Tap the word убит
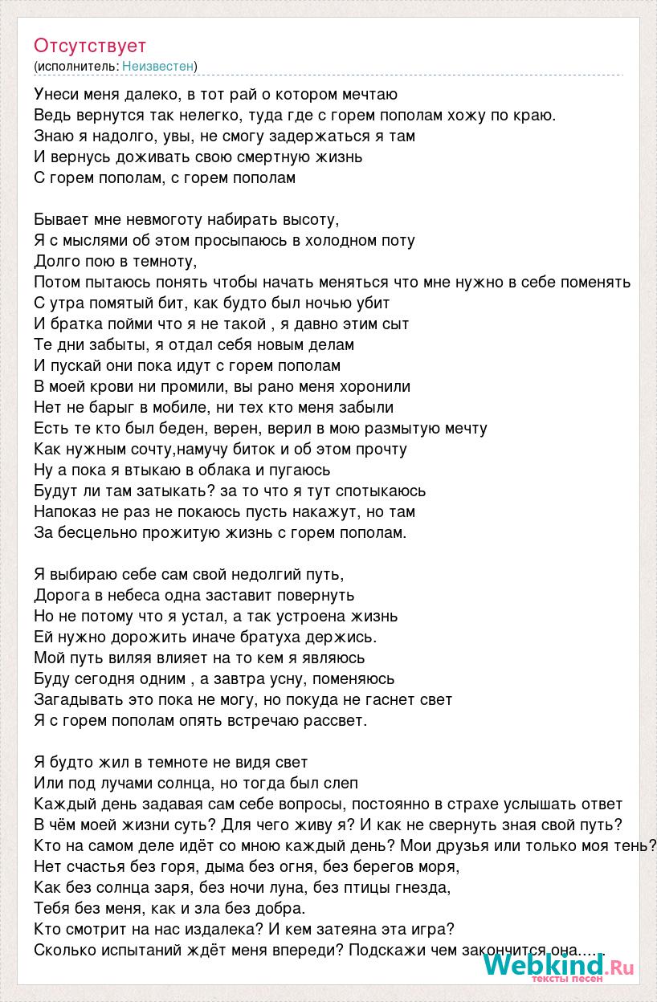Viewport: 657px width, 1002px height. tap(372, 303)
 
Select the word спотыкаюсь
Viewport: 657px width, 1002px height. tap(381, 491)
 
